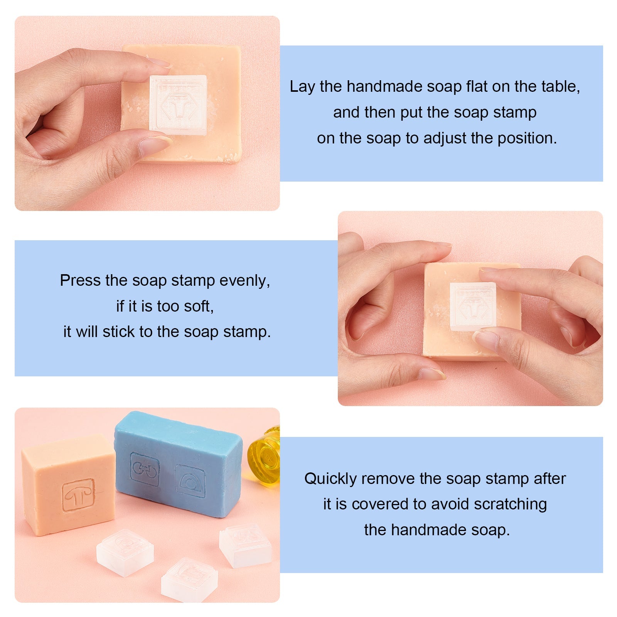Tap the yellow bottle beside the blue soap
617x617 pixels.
[x=265, y=455]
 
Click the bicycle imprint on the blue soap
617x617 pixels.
[x=145, y=469]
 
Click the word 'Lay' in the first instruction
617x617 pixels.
[x=302, y=87]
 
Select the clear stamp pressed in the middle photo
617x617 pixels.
[x=473, y=306]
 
